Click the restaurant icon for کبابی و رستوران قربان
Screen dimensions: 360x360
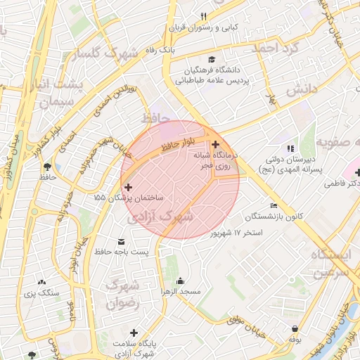click(x=204, y=16)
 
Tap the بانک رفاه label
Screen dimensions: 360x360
click(x=158, y=51)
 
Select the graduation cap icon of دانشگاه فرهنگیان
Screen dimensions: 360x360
click(x=212, y=59)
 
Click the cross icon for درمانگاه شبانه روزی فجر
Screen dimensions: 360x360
click(x=215, y=144)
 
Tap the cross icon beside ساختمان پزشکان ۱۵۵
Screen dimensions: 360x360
click(x=127, y=187)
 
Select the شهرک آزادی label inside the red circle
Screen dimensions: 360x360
click(x=161, y=218)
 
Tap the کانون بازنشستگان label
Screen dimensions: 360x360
click(x=275, y=216)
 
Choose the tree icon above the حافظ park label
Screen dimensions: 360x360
click(x=47, y=167)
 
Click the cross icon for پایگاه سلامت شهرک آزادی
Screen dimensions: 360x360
click(x=134, y=332)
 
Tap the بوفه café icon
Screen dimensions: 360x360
click(x=293, y=328)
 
